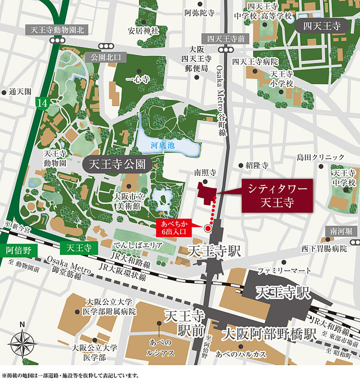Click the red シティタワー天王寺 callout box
coord(276,196)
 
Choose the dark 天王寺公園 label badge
coord(113,164)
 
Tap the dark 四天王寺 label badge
coord(322,26)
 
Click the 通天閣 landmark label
coord(19,92)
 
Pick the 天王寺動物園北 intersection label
coord(57,30)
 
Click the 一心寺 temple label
coord(138,79)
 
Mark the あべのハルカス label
coord(235,354)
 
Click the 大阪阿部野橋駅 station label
coord(267,333)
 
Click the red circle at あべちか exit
coord(208,228)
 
